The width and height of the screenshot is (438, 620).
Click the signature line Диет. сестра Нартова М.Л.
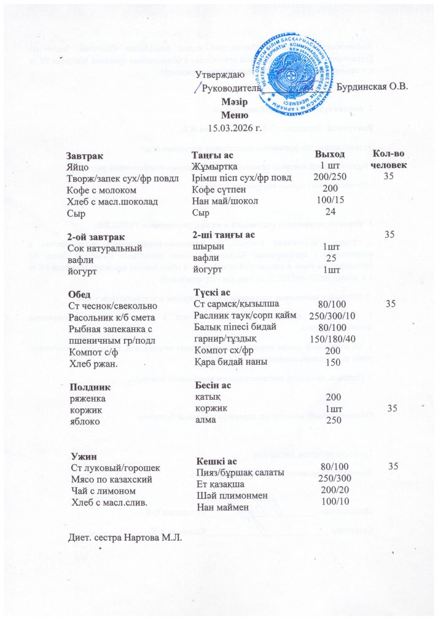pos(125,537)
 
